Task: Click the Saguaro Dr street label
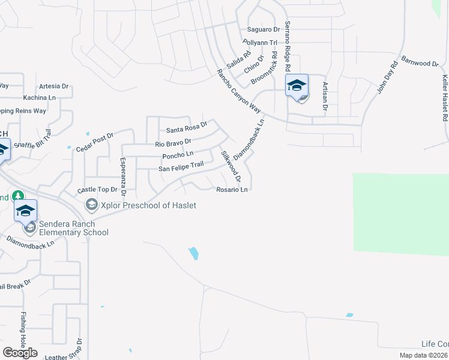(x=264, y=29)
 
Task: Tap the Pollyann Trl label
(x=260, y=43)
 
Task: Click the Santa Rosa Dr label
(x=187, y=128)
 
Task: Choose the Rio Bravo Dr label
(x=173, y=143)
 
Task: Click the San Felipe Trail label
(x=181, y=166)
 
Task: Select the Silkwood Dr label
(x=231, y=167)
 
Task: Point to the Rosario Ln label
(x=232, y=190)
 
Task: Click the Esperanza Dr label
(x=122, y=176)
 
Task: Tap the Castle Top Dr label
(x=97, y=190)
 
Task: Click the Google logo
(x=20, y=352)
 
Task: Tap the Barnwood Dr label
(x=421, y=62)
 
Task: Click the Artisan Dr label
(x=325, y=96)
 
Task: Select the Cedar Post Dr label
(x=95, y=142)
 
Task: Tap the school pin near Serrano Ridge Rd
(x=297, y=85)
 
